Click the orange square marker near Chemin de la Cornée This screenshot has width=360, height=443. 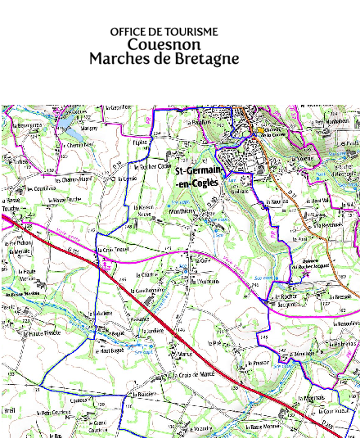tap(261, 130)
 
